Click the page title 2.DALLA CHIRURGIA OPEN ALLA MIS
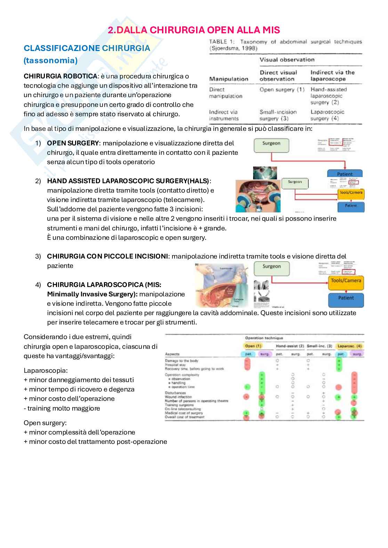click(x=194, y=30)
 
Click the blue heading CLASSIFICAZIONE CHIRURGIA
click(x=87, y=48)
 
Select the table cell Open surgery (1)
click(x=282, y=90)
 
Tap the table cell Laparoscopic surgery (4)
click(x=327, y=115)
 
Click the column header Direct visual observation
click(x=278, y=76)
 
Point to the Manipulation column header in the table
click(x=228, y=79)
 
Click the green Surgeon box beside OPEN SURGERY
click(x=271, y=146)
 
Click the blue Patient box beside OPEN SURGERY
click(x=345, y=174)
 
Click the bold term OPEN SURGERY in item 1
click(x=73, y=143)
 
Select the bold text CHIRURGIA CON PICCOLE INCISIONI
click(x=107, y=256)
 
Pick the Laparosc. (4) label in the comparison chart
click(x=349, y=346)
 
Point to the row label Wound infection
click(x=178, y=397)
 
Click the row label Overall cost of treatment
click(x=185, y=417)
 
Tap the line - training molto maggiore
click(x=62, y=408)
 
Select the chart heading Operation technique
click(x=264, y=338)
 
